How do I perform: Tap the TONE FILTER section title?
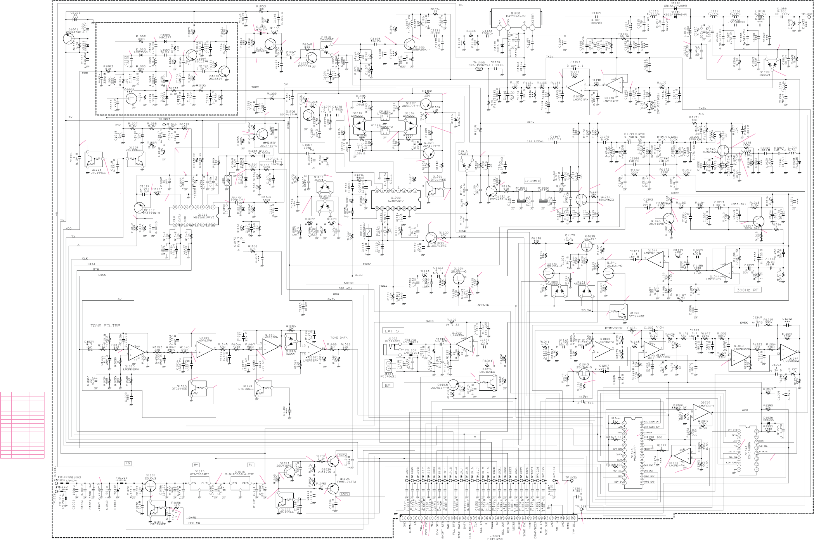click(106, 325)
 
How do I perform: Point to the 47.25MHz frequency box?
click(532, 181)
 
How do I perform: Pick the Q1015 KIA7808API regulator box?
click(199, 483)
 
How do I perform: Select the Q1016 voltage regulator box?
click(240, 483)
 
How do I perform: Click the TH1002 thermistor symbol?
click(479, 69)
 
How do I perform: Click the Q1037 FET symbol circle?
click(581, 199)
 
